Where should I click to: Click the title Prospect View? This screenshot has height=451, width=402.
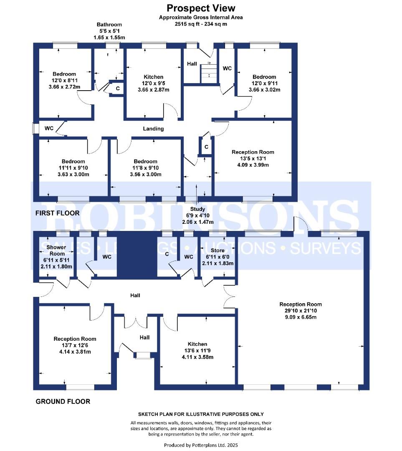201,8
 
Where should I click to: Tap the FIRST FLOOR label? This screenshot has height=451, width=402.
57,213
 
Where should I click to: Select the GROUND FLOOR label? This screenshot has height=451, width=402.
63,402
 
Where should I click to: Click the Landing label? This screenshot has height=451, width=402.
153,129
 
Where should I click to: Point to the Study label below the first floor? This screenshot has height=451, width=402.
198,209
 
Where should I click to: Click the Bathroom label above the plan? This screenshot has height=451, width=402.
109,25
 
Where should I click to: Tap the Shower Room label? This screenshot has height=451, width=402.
56,251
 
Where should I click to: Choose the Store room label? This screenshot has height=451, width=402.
217,251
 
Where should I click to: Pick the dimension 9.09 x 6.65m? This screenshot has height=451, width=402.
301,317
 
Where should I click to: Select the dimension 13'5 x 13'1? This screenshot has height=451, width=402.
253,159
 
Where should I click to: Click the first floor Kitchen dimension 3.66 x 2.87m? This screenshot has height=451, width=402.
154,90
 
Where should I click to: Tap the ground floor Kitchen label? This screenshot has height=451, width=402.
197,344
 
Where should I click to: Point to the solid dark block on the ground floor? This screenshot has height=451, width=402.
137,255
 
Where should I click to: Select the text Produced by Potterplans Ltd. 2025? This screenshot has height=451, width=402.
201,445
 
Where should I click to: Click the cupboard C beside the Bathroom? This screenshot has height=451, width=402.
118,89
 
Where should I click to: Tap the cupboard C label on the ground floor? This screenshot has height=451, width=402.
167,254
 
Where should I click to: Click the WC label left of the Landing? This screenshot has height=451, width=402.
49,128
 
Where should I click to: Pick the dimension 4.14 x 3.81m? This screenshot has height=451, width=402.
75,352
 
